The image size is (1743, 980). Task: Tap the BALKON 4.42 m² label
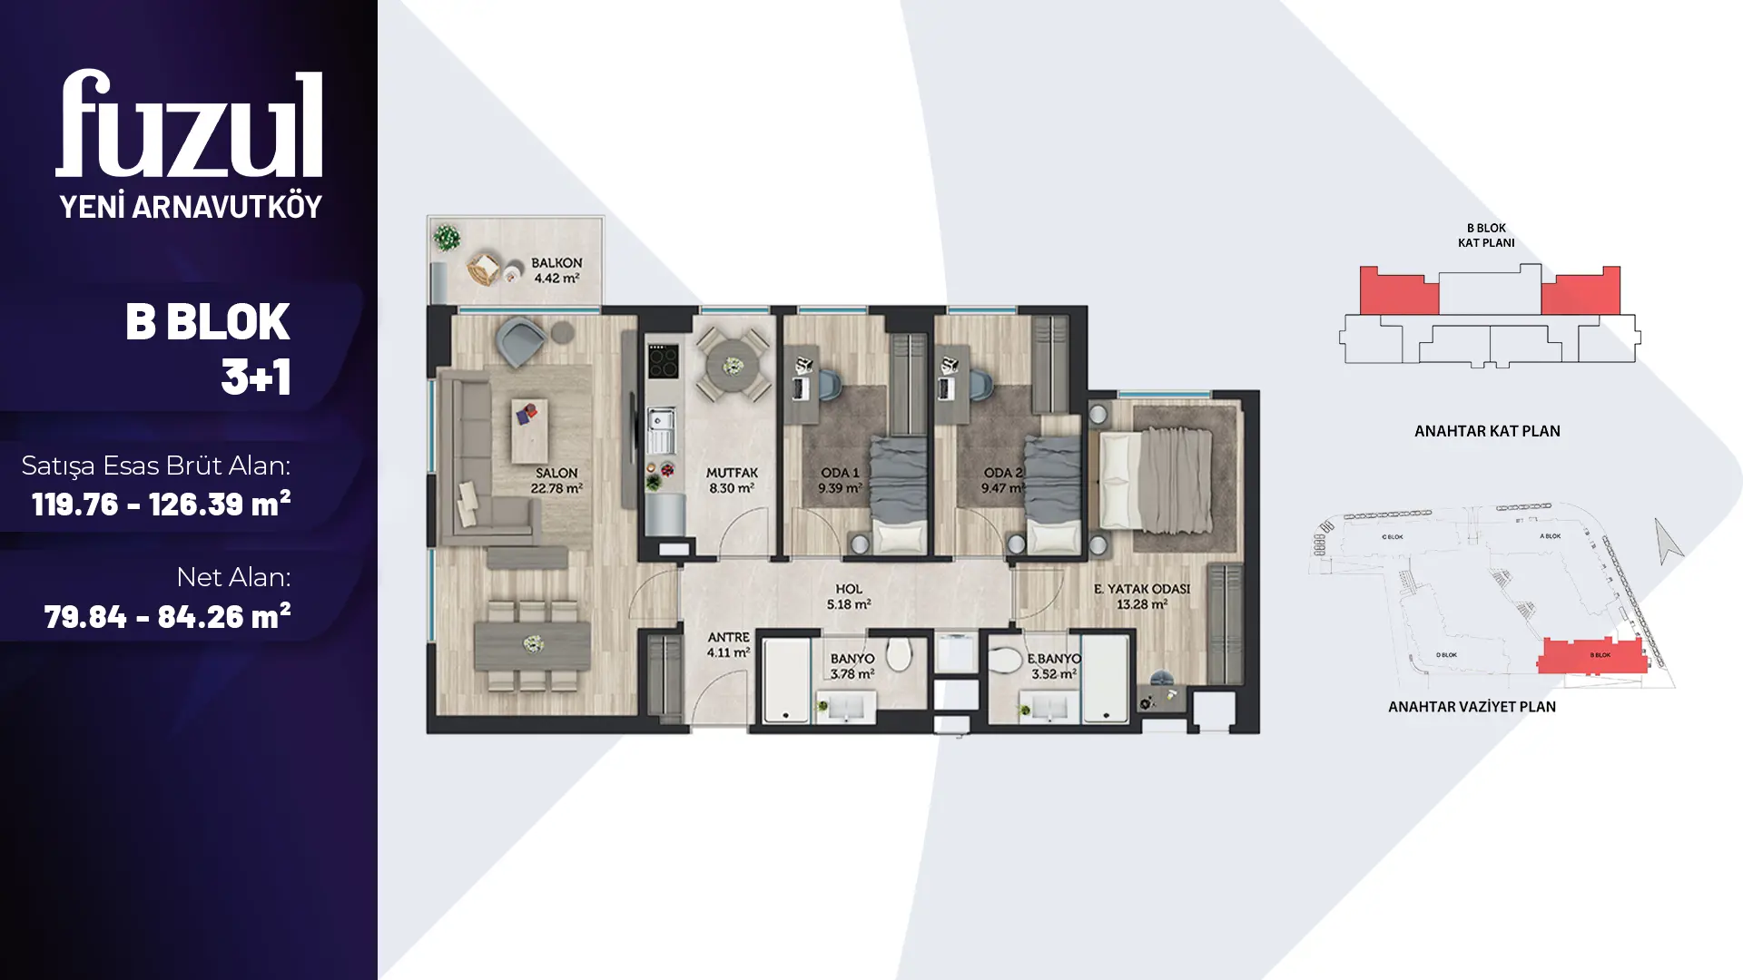tap(556, 270)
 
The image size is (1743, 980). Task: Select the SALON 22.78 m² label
tap(556, 480)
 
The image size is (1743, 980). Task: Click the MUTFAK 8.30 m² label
tap(732, 480)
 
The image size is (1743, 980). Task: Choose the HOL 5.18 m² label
tap(849, 596)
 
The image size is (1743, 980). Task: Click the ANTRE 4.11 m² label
tap(728, 644)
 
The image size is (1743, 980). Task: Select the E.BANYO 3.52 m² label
tap(1054, 666)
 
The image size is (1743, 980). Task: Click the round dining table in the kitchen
tap(733, 366)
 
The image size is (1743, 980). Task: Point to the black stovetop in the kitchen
tap(663, 361)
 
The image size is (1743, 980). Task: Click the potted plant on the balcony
tap(447, 238)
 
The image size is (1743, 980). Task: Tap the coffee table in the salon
tap(529, 430)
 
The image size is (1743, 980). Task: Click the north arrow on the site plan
tap(1667, 541)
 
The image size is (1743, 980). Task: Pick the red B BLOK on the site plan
tap(1592, 654)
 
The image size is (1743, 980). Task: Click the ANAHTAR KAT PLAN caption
tap(1487, 431)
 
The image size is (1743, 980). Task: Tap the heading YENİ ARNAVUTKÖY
tap(191, 207)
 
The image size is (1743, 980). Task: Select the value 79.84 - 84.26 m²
tap(167, 617)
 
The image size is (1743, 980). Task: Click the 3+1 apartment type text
tap(256, 376)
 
